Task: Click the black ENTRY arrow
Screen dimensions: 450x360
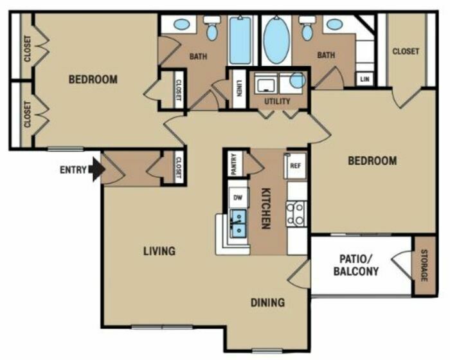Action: (x=96, y=169)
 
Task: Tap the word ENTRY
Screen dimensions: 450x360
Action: (x=73, y=170)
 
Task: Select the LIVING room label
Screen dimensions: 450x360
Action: (x=159, y=251)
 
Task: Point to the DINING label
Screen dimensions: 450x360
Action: (x=268, y=303)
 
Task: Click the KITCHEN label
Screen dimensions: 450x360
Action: (x=266, y=208)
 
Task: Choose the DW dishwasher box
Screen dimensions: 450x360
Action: (x=238, y=197)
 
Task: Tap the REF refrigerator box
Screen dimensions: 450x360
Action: (x=295, y=166)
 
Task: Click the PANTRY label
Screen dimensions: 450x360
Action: (x=234, y=164)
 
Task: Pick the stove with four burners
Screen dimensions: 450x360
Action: (x=296, y=213)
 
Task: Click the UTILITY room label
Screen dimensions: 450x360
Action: (x=277, y=102)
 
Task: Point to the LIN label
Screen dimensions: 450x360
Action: (x=364, y=79)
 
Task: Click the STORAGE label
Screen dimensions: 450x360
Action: (x=424, y=265)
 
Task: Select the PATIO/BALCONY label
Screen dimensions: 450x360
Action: (x=356, y=265)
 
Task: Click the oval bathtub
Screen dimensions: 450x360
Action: (x=276, y=40)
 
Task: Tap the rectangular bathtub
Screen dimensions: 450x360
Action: (x=240, y=40)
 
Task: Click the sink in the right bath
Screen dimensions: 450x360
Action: (x=334, y=24)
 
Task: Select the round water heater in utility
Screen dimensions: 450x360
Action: (x=298, y=80)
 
